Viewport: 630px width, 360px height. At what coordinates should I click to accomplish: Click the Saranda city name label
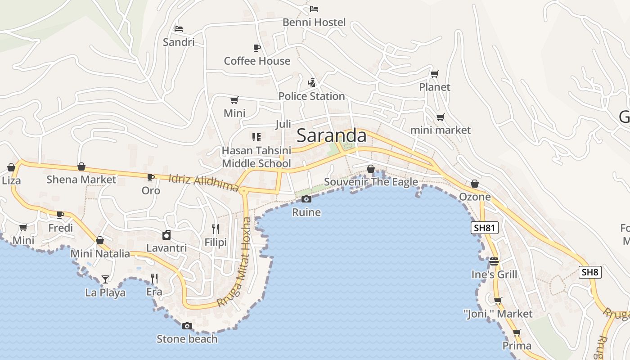pos(332,135)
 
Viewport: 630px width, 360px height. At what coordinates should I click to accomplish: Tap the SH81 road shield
pos(485,228)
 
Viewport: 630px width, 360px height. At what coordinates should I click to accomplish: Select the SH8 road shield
pos(590,272)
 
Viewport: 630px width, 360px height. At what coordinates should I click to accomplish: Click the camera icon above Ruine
pos(306,199)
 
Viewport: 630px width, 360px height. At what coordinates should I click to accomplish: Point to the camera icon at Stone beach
pos(187,326)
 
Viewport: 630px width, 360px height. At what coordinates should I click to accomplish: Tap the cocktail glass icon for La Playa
pos(105,279)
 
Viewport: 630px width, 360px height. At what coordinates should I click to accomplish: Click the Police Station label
pos(311,96)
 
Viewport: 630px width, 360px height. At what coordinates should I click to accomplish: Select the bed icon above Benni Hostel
pos(314,9)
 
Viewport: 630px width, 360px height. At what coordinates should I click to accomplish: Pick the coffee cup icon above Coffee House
pos(256,48)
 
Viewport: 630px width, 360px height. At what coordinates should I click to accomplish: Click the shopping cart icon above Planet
pos(434,74)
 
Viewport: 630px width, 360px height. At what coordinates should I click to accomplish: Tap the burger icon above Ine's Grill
pos(494,261)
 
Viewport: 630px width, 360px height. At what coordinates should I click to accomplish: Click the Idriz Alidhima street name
pos(203,182)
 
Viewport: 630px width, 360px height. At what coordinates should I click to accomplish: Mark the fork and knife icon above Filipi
pos(216,229)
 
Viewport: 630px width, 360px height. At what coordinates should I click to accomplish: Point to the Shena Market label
pos(81,180)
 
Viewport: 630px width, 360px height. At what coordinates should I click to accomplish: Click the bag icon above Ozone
pos(475,184)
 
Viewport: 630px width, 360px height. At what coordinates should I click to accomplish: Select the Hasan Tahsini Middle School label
pos(256,157)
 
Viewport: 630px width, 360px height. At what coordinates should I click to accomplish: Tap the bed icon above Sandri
pos(179,29)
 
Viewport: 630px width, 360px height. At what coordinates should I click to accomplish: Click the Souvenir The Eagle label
pos(371,182)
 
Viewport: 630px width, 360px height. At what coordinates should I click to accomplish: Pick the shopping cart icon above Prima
pos(517,333)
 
